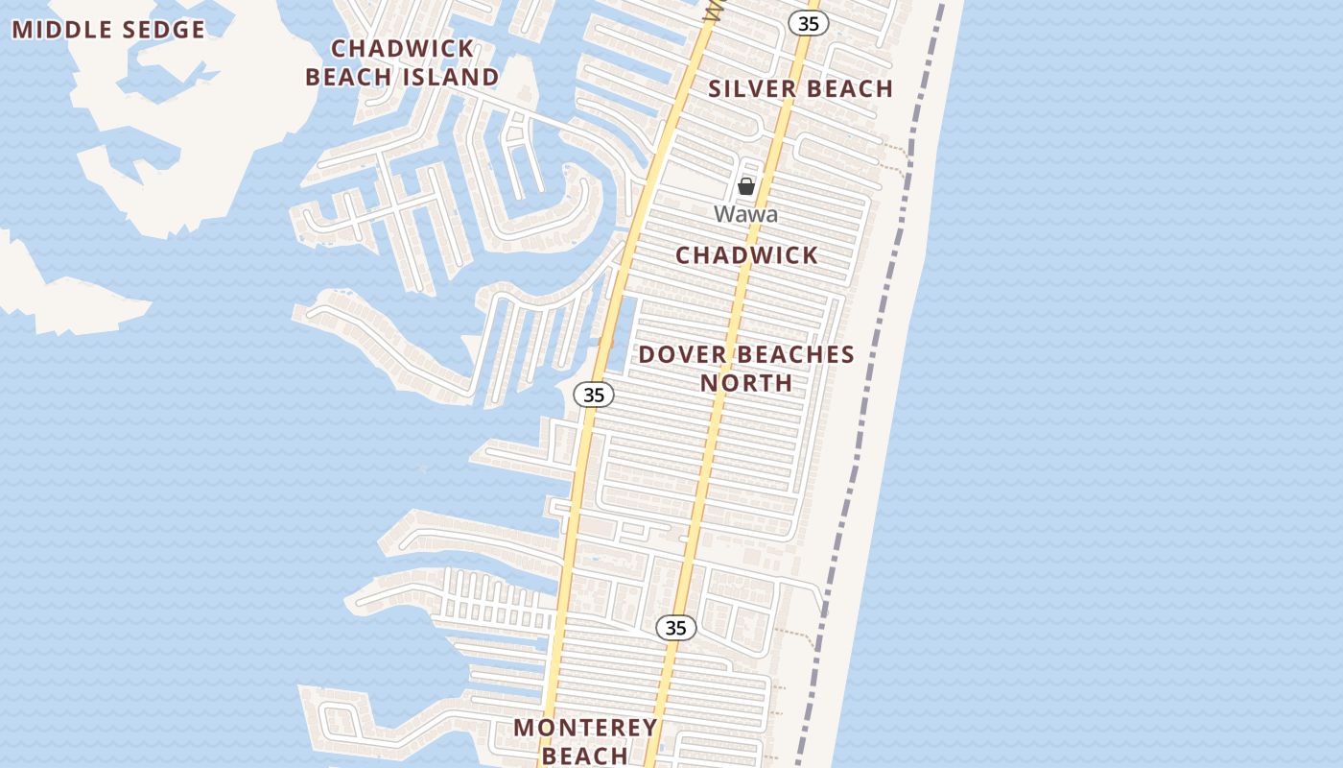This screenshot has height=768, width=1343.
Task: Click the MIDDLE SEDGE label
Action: coord(108,30)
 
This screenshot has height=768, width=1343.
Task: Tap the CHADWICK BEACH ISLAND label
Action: coord(402,62)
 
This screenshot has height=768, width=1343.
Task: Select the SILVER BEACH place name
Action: coord(801,89)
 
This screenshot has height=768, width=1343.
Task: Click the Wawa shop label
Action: coord(745,214)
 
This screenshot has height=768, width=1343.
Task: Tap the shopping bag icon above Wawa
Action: coord(746,186)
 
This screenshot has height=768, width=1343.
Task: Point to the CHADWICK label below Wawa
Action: coord(746,255)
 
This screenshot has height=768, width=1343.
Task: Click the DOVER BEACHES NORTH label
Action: coord(746,369)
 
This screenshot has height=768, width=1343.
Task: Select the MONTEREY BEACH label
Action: coord(585,741)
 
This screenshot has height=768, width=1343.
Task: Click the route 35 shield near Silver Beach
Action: coord(809,24)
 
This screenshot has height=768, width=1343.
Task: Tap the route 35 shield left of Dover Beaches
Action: coord(594,394)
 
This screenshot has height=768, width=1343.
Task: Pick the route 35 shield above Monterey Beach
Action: coord(676,628)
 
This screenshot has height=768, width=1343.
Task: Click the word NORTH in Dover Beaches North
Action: coord(746,383)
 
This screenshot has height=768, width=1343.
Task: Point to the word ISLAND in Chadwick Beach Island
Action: coord(450,77)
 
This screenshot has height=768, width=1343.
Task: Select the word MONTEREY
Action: coord(585,728)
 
